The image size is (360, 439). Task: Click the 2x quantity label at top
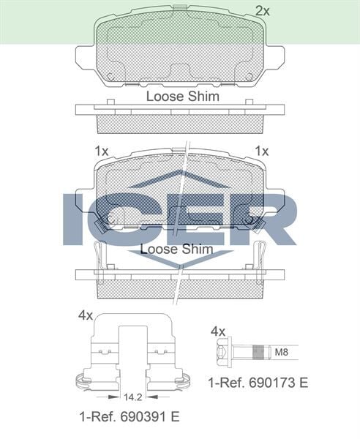coord(262,10)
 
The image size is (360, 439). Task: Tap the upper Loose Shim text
coord(182,96)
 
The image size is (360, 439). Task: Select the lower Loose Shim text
coord(176,249)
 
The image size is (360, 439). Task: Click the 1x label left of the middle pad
coord(101,151)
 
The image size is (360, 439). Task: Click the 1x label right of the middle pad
coord(261,151)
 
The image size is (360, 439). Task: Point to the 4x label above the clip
coord(85,315)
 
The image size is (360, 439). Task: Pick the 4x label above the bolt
coord(218,331)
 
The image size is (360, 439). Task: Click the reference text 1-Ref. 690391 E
coord(129,417)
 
